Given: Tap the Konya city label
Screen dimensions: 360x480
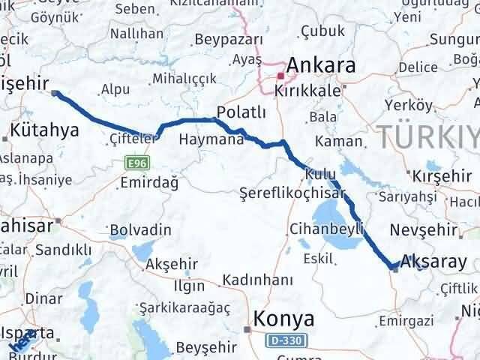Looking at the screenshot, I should point(284,319).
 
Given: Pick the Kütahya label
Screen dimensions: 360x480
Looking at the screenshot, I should point(45,130).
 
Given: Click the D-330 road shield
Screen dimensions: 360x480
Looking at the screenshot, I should point(284,340).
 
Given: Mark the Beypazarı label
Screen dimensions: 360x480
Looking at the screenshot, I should point(229,39).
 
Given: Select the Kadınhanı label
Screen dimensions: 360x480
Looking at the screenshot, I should point(257,280).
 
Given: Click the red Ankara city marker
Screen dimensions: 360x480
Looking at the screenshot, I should point(280,76).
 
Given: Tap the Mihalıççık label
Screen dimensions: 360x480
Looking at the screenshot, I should point(184,79).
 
